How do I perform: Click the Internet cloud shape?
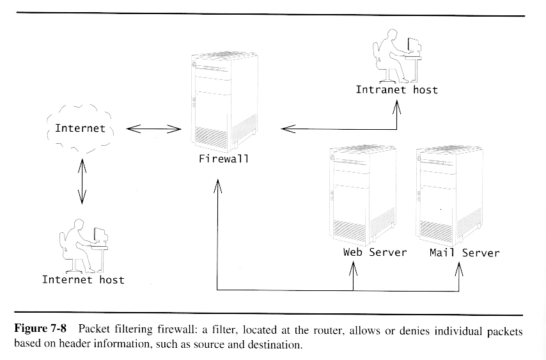coord(80,128)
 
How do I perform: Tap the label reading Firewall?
coord(223,159)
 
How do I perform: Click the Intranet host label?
coord(396,90)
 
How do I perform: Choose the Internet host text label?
coord(83,279)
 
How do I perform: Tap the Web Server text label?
coord(375,252)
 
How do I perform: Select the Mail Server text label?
coord(464,253)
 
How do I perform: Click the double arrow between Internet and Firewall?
coord(153,130)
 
